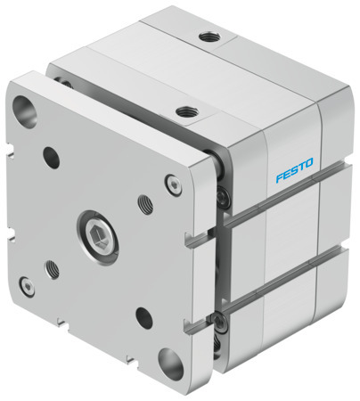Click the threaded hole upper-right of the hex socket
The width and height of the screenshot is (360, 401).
pos(145,204)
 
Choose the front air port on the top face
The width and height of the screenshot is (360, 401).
pos(185,112)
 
